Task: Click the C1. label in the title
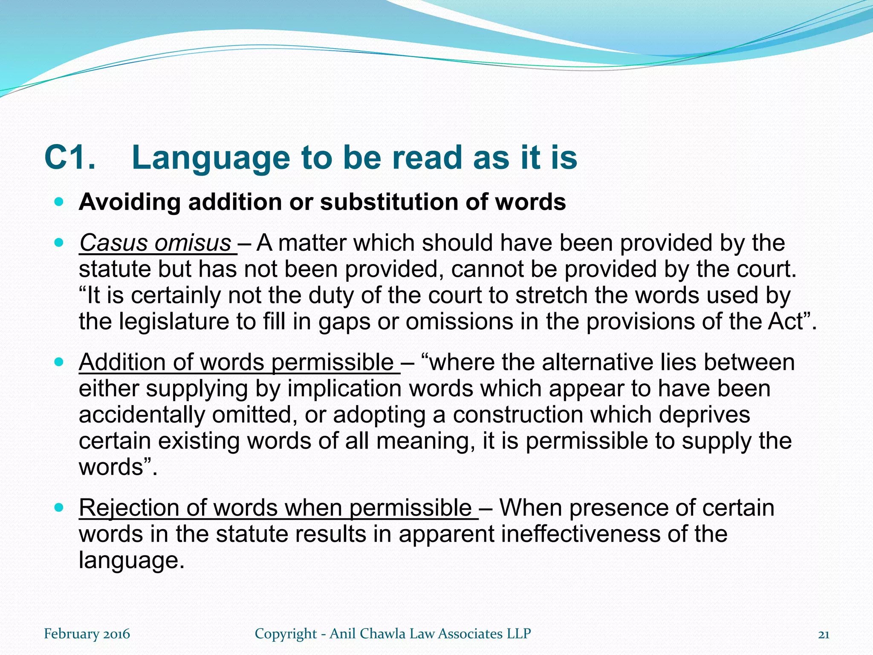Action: point(69,158)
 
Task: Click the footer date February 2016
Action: point(87,634)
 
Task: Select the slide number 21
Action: point(824,635)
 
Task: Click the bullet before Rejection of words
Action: point(59,507)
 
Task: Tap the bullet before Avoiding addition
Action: point(59,201)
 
